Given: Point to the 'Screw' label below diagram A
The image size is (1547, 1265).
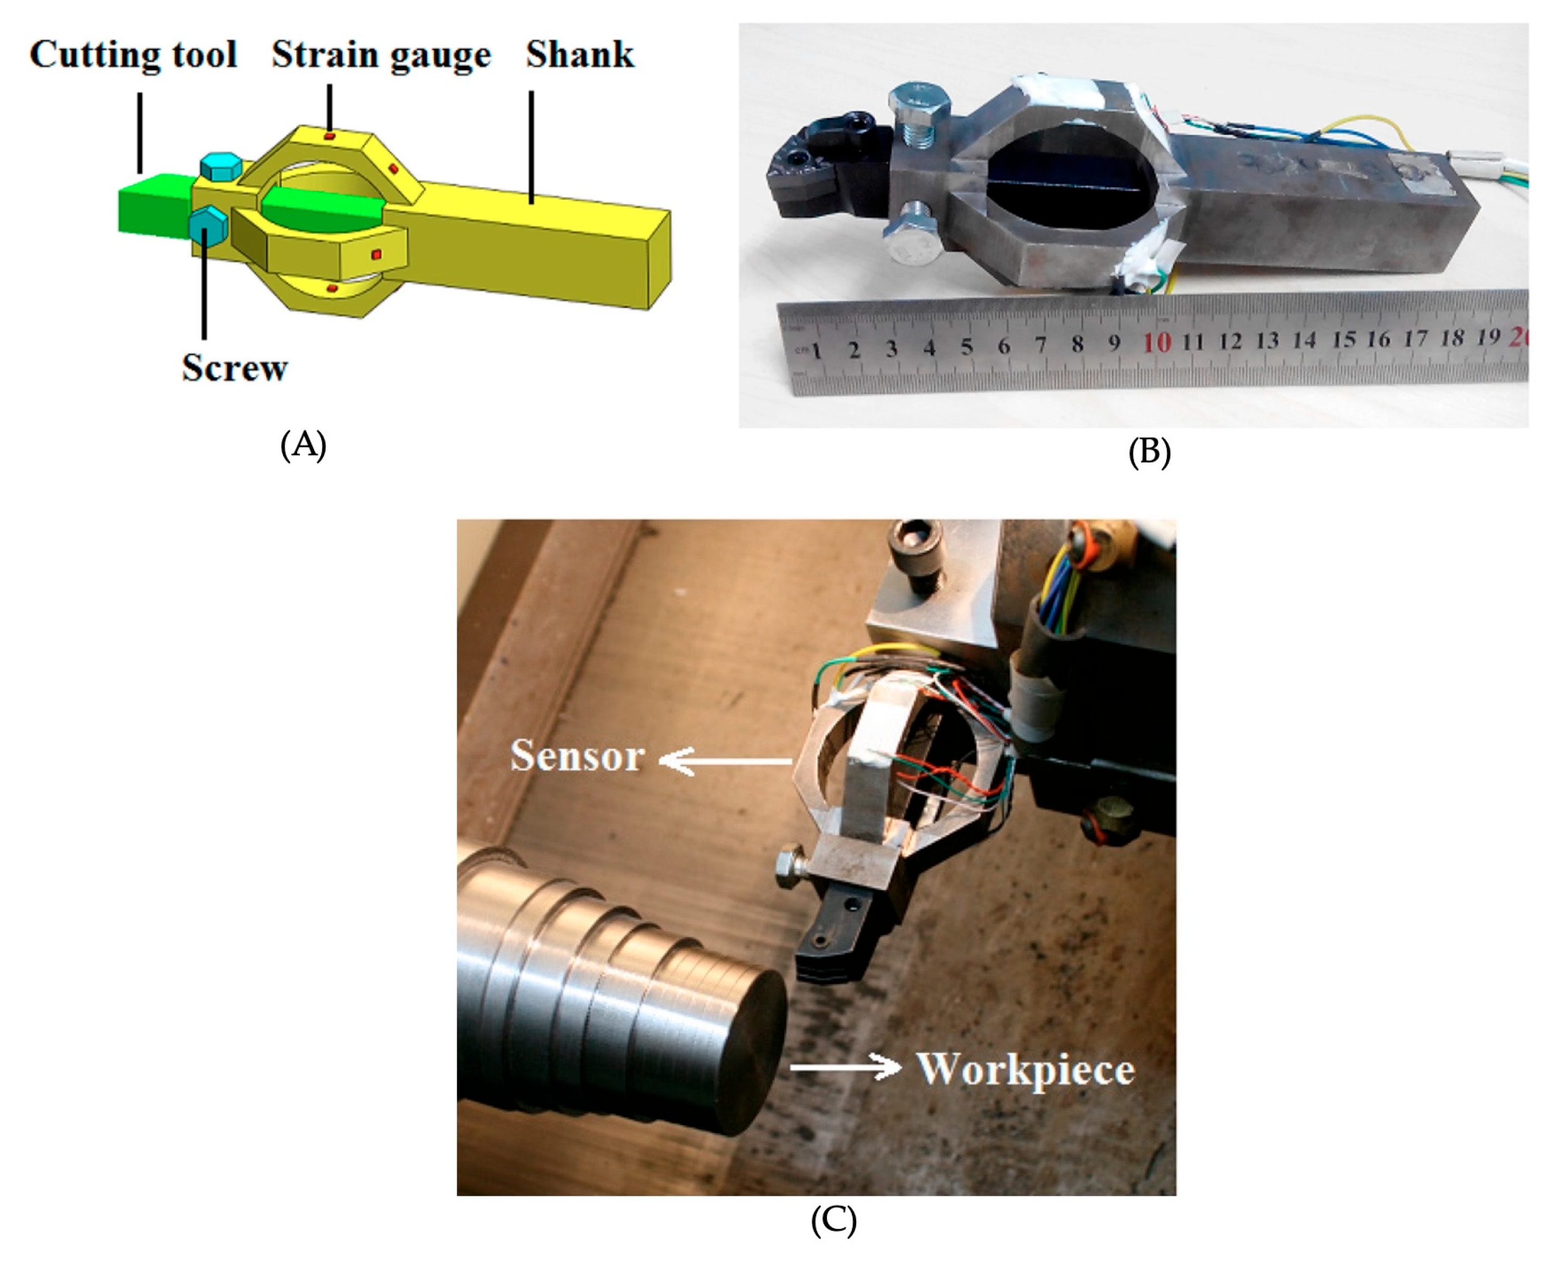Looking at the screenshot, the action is click(x=235, y=367).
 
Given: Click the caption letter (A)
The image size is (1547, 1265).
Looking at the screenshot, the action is click(x=303, y=444).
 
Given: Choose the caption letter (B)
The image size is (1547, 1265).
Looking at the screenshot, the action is click(x=1150, y=452).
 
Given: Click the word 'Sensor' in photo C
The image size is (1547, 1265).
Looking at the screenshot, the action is click(x=577, y=756).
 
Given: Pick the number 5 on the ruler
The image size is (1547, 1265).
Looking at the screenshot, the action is click(x=966, y=346).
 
